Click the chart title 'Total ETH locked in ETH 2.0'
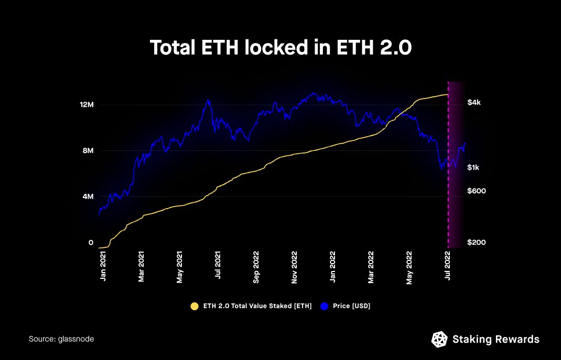click(280, 48)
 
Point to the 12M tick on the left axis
click(87, 105)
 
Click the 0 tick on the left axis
click(91, 243)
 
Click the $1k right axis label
click(473, 167)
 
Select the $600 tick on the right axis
click(477, 191)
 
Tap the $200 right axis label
click(477, 243)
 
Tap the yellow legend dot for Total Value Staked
click(195, 306)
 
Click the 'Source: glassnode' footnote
click(61, 339)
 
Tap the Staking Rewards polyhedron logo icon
click(439, 339)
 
